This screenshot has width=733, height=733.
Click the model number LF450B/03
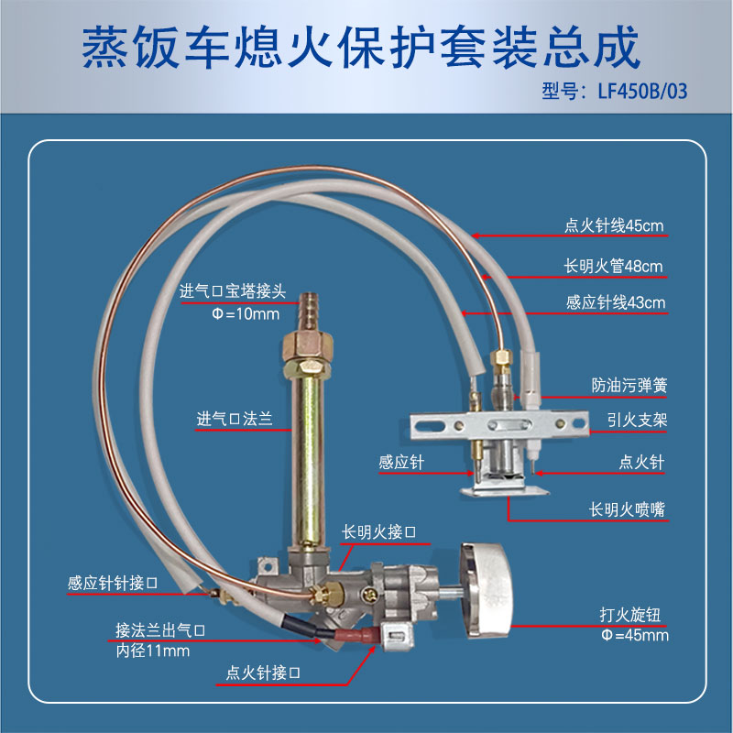[642, 91]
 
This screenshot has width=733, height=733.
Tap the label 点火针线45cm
[614, 225]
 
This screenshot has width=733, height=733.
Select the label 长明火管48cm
[613, 266]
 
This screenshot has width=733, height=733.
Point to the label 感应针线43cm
[615, 302]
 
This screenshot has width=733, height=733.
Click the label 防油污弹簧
[629, 385]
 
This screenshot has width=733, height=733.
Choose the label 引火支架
[637, 420]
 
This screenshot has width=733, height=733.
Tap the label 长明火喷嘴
[627, 509]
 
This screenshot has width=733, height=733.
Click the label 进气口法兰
[235, 419]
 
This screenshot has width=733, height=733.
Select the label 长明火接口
[378, 531]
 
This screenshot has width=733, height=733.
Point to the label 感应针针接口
[113, 583]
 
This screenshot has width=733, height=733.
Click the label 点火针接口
[263, 673]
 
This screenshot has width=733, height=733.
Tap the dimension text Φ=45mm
[634, 635]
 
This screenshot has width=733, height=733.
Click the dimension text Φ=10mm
[246, 313]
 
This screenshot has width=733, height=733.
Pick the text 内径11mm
[153, 651]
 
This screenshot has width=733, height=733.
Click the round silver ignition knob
[487, 591]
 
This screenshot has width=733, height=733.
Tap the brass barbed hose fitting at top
[308, 311]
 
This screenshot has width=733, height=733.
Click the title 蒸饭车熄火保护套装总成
[361, 48]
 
